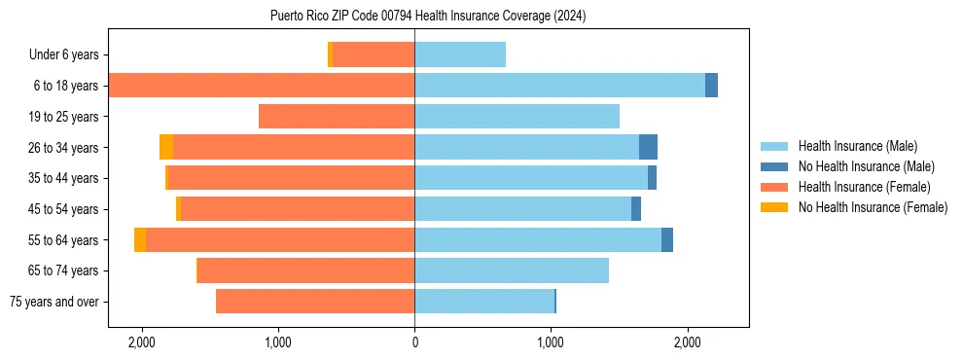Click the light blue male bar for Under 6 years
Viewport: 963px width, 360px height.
(x=460, y=55)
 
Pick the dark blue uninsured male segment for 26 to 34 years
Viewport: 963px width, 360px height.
(x=648, y=147)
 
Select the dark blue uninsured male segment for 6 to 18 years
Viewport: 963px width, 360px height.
(x=711, y=86)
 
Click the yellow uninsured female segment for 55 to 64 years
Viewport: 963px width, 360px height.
(x=140, y=239)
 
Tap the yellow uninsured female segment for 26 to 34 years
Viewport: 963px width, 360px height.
(x=166, y=147)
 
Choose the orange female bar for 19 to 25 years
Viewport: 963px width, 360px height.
(x=337, y=117)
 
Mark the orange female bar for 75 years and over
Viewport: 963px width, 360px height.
(x=315, y=302)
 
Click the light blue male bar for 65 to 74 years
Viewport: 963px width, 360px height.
(x=512, y=270)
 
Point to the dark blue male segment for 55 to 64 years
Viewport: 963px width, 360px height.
(x=667, y=239)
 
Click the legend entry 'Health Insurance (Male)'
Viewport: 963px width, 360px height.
(x=857, y=146)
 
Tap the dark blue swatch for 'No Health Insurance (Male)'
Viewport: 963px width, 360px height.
(x=774, y=166)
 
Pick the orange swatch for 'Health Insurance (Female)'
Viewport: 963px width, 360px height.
(x=774, y=187)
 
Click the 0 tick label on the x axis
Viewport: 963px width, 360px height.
(x=414, y=342)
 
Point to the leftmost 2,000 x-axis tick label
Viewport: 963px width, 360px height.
(x=142, y=342)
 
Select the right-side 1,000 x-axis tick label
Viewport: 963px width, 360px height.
(x=551, y=342)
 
